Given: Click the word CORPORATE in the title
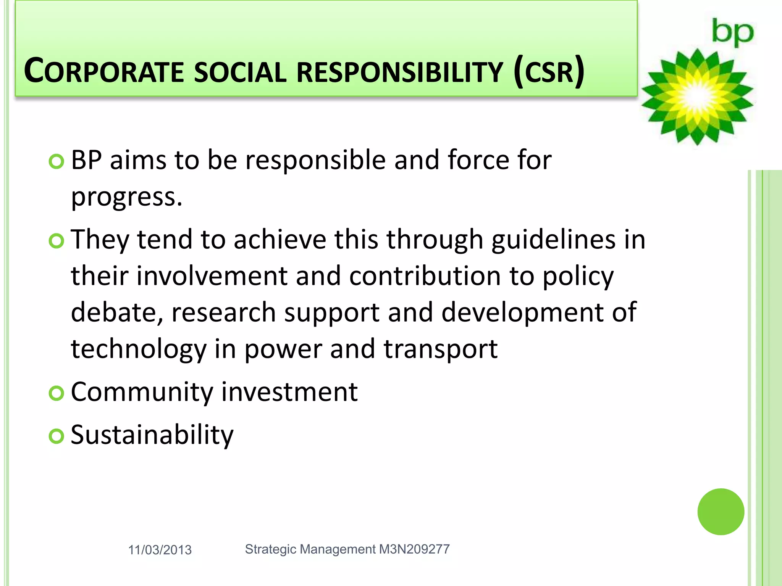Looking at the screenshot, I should [x=104, y=71].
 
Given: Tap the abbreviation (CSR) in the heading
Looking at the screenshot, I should [x=549, y=71].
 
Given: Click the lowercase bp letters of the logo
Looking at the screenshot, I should [x=732, y=33].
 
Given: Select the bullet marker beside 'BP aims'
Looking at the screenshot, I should [x=57, y=162].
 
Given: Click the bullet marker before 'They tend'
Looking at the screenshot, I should [x=57, y=241].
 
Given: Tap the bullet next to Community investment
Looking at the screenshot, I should [x=57, y=393].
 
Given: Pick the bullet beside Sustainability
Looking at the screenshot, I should [x=57, y=436].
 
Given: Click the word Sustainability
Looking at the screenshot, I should [x=152, y=435].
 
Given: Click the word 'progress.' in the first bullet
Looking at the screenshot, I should [x=127, y=198].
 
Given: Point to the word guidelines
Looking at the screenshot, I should [x=553, y=240].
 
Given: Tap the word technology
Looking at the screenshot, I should [x=139, y=349].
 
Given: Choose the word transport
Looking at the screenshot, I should [x=440, y=349].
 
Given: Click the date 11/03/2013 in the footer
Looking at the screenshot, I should [x=160, y=550].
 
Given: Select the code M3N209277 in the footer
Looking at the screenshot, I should [x=414, y=549].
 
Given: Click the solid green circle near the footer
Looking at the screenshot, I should [x=721, y=512].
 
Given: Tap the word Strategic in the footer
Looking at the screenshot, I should [x=271, y=549].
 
